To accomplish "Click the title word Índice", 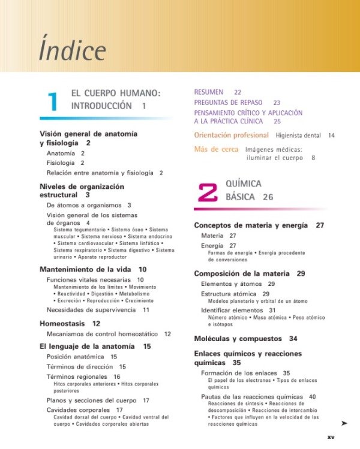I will pos(73,50).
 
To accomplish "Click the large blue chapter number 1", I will pos(53,101).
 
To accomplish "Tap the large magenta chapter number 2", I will pos(207,191).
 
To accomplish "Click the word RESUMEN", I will pos(208,92).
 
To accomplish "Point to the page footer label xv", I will pos(331,437).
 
